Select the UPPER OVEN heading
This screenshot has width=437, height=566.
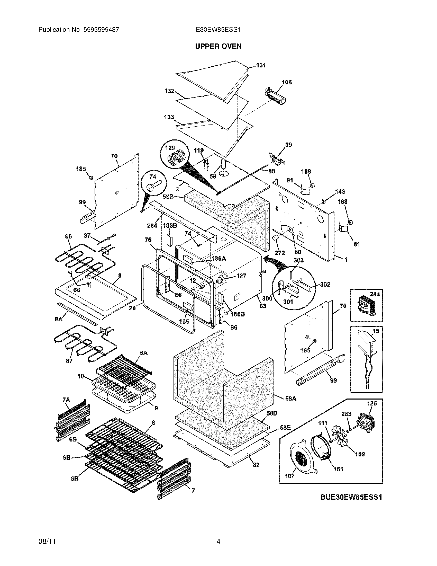coord(218,46)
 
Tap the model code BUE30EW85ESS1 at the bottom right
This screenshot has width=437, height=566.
coord(351,497)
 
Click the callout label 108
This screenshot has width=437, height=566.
coord(287,82)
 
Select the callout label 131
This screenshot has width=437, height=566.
coord(261,65)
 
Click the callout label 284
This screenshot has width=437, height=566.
coord(375,294)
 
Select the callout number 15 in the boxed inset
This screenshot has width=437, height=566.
coord(376,331)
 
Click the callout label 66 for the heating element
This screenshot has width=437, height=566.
coord(68,236)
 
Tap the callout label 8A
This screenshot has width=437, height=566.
coord(59,319)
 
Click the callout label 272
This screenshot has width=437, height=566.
coord(280,253)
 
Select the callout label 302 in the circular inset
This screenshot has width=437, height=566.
coord(325,285)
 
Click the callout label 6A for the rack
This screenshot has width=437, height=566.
coord(143,353)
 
